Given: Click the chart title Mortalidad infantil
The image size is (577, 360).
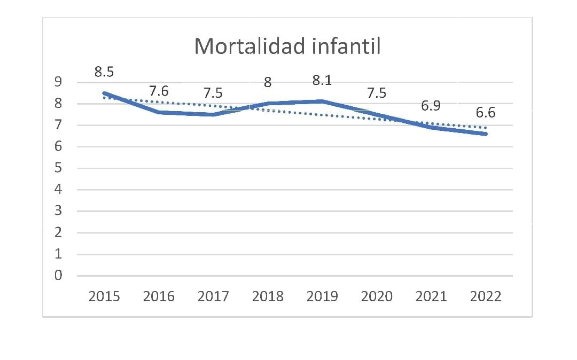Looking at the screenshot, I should pos(287,46).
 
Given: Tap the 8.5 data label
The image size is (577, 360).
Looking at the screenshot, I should pos(105,72).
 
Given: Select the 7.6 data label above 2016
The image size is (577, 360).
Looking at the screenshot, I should pos(159,91).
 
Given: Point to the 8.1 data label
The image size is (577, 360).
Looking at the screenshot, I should pos(322,81).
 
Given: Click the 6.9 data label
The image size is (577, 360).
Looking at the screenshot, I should pos(431,106).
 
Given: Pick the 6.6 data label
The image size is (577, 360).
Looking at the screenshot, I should pos(485,113).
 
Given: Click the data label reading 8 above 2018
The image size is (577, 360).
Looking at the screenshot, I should pos(268,83).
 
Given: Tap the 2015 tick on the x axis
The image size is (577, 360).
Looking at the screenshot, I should pos(104,296).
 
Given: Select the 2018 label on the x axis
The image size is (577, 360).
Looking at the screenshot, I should pos(268,296).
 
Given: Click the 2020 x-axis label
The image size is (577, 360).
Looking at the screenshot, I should pos(377,296).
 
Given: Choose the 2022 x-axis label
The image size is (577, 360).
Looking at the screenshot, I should pos(485,296).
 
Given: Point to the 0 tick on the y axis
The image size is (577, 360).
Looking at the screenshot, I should pos(58,276).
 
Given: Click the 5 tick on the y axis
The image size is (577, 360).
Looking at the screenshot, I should pos(58,168).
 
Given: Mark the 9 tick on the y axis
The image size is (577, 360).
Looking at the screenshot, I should pos(58,82).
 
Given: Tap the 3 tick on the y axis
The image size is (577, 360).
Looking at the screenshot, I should pos(58,211).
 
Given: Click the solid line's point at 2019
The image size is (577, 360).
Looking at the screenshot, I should pos(322,101).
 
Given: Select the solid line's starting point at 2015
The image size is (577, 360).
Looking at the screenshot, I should pos(104,93).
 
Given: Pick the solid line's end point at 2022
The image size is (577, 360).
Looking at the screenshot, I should pos(486,134).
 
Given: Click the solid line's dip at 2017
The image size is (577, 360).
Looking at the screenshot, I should pos(213,114).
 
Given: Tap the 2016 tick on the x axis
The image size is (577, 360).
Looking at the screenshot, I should pos(159,296).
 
